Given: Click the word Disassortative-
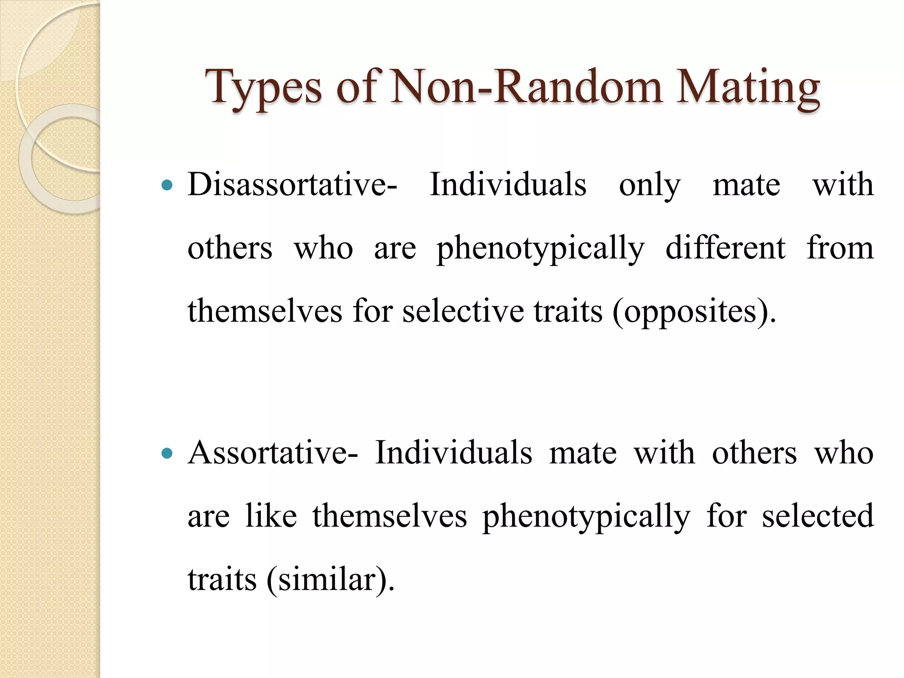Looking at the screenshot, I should [292, 185].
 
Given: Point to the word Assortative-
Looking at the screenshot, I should [273, 453].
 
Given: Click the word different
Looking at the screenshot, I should [725, 248].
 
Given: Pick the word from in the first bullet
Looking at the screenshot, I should [840, 248].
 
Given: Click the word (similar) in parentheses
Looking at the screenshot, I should [330, 580].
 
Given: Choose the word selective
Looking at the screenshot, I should [463, 312].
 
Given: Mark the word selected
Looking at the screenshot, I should [817, 516].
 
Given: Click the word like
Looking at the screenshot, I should [271, 516].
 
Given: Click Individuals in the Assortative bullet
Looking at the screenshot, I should [453, 453].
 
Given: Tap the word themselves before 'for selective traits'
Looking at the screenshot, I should [264, 312].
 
